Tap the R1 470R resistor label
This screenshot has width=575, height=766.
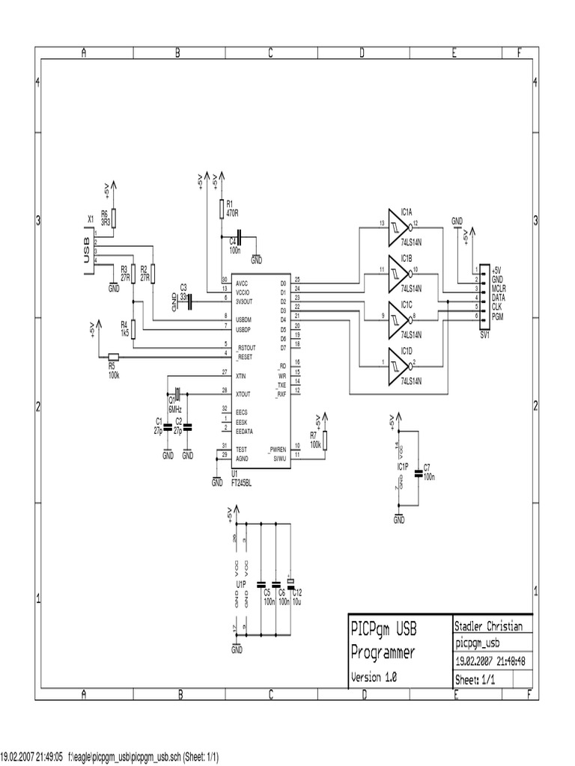pyautogui.click(x=231, y=208)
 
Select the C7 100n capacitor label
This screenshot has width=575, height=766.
pyautogui.click(x=428, y=471)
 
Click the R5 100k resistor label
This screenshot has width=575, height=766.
pyautogui.click(x=113, y=370)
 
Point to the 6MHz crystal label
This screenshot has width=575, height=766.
pyautogui.click(x=174, y=409)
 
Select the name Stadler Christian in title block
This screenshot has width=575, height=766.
pyautogui.click(x=488, y=626)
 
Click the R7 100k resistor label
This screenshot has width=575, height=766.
pyautogui.click(x=315, y=439)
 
